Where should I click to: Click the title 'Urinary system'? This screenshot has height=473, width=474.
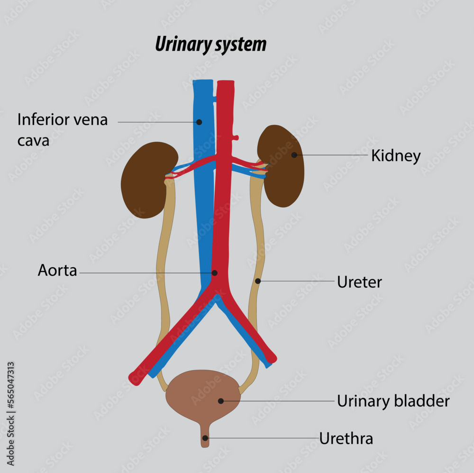tap(210, 45)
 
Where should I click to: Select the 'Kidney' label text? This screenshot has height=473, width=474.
tap(395, 155)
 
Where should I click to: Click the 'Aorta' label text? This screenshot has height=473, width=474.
tap(57, 271)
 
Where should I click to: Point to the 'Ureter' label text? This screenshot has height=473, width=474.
tap(359, 282)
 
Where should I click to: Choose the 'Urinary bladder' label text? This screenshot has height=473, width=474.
tap(393, 401)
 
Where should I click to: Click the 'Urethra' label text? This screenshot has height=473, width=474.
tap(346, 439)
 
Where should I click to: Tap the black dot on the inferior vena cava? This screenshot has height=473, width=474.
tap(199, 122)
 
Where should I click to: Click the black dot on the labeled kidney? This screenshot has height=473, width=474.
tap(294, 155)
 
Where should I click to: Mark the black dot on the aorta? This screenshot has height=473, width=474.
tap(214, 273)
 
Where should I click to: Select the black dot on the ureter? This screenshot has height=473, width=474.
tap(258, 281)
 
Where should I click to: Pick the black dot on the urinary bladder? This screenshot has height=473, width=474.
tap(221, 401)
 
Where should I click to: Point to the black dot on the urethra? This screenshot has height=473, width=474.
tap(205, 438)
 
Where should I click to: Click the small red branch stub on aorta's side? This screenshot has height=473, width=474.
tap(235, 138)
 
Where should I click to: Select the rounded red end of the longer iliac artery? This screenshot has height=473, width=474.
tap(135, 378)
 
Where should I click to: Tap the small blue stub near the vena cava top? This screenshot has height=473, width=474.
tap(214, 99)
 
